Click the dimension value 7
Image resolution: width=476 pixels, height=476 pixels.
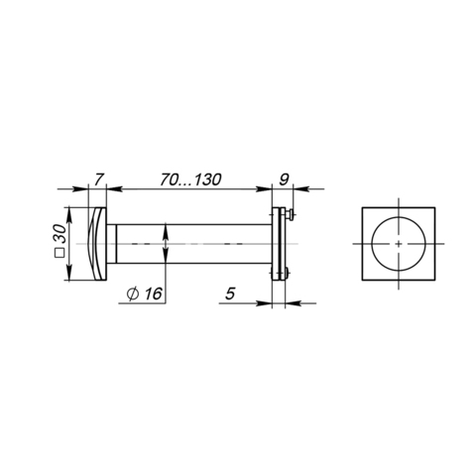click(98, 179)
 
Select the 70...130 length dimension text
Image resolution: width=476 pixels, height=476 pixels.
click(190, 179)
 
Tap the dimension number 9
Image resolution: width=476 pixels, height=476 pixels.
click(284, 179)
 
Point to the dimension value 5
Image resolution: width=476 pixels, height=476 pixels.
click(230, 294)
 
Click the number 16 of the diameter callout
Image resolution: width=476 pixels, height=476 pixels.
click(153, 294)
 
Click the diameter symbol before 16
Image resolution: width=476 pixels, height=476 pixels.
click(133, 294)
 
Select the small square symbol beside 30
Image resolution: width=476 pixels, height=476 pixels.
click(59, 253)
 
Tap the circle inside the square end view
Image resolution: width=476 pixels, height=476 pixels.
click(372, 244)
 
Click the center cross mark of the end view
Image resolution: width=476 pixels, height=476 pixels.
click(399, 244)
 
